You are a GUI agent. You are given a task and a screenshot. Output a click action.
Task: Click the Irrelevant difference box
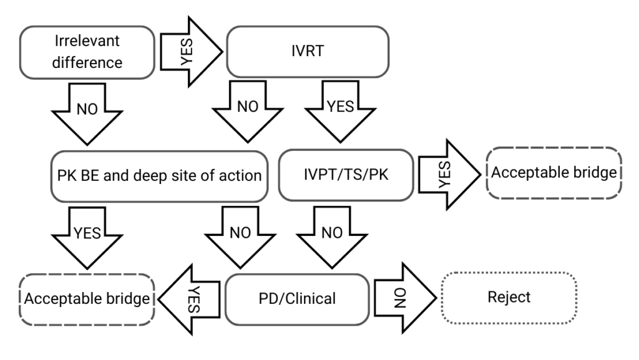point(87,52)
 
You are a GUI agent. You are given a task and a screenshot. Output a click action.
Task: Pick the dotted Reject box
point(509,297)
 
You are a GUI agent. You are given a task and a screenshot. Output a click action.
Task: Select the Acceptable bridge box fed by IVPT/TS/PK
point(554,173)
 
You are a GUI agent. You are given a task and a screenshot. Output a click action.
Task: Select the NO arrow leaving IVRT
point(248,112)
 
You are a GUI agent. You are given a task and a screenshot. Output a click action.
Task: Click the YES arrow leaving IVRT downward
point(340,112)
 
